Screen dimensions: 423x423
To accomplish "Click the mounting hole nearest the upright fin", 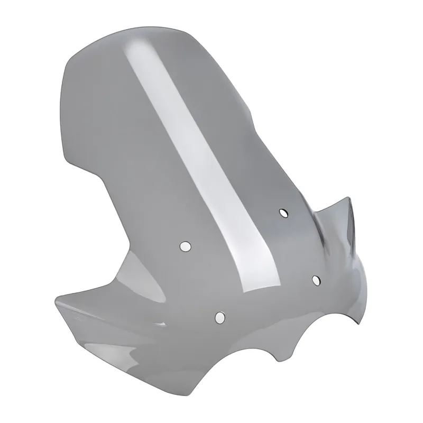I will click(x=283, y=213).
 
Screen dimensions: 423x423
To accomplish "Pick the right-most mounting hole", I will click(x=316, y=280).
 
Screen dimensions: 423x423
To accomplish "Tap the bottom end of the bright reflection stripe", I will click(x=259, y=288).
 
